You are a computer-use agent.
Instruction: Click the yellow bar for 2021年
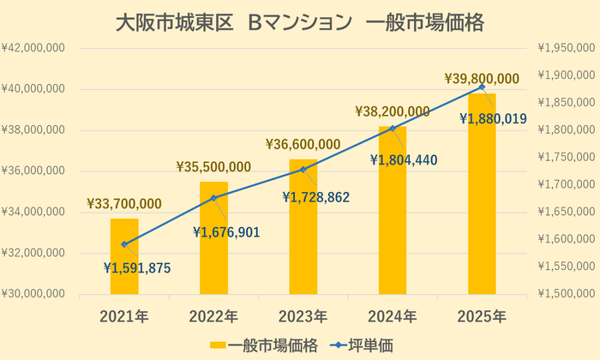124,257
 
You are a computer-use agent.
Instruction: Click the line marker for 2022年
213,198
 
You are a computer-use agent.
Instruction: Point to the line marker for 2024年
393,129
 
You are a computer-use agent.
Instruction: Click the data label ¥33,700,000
124,204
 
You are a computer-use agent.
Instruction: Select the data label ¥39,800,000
482,79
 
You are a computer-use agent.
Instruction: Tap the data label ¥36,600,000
303,144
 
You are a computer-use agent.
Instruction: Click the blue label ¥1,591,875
137,268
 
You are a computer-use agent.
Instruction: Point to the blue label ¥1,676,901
226,231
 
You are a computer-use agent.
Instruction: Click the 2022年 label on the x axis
213,315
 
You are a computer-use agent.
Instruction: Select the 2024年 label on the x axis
393,315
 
